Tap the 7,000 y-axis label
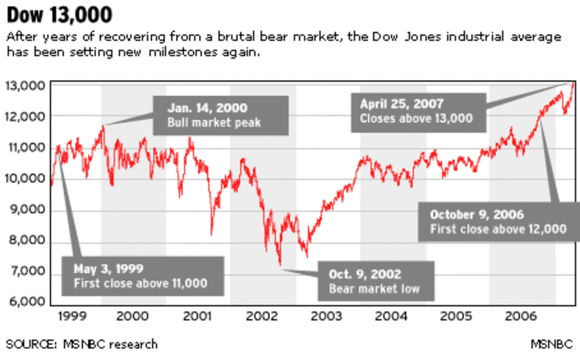tap(26, 272)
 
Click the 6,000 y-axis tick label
tap(26, 302)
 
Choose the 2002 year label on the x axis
tap(263, 315)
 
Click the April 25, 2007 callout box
tap(417, 111)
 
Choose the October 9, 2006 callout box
tap(497, 221)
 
